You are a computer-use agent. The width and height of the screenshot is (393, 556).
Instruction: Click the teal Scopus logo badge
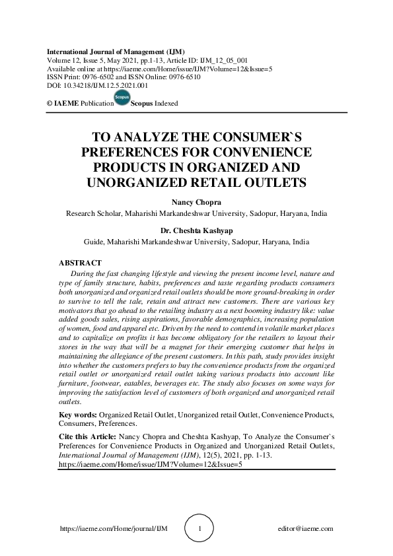[123, 99]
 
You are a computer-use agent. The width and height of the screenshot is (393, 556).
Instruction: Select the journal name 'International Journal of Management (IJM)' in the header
[116, 51]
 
